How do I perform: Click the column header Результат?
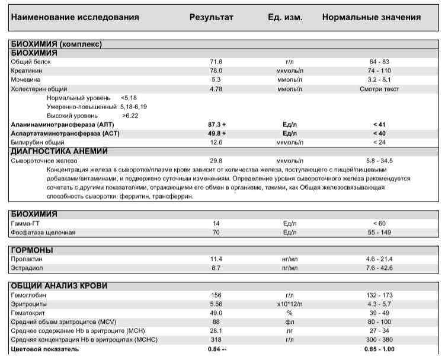[211, 17]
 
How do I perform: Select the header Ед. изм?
[285, 17]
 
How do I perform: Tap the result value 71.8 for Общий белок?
[216, 62]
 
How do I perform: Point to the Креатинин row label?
[25, 71]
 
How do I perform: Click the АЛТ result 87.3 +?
[217, 125]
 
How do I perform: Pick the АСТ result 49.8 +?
[217, 133]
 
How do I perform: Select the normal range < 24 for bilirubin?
[379, 142]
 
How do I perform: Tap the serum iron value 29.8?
[216, 161]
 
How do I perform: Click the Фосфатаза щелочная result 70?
[216, 232]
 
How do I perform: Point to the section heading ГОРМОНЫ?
[32, 250]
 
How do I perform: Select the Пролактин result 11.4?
[216, 259]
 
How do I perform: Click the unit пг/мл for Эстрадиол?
[290, 268]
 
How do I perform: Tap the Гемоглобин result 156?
[216, 295]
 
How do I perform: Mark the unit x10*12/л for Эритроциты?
[290, 304]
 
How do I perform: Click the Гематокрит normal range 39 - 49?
[379, 313]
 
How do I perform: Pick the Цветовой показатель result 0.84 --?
[217, 349]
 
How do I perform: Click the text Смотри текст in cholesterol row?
[379, 89]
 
